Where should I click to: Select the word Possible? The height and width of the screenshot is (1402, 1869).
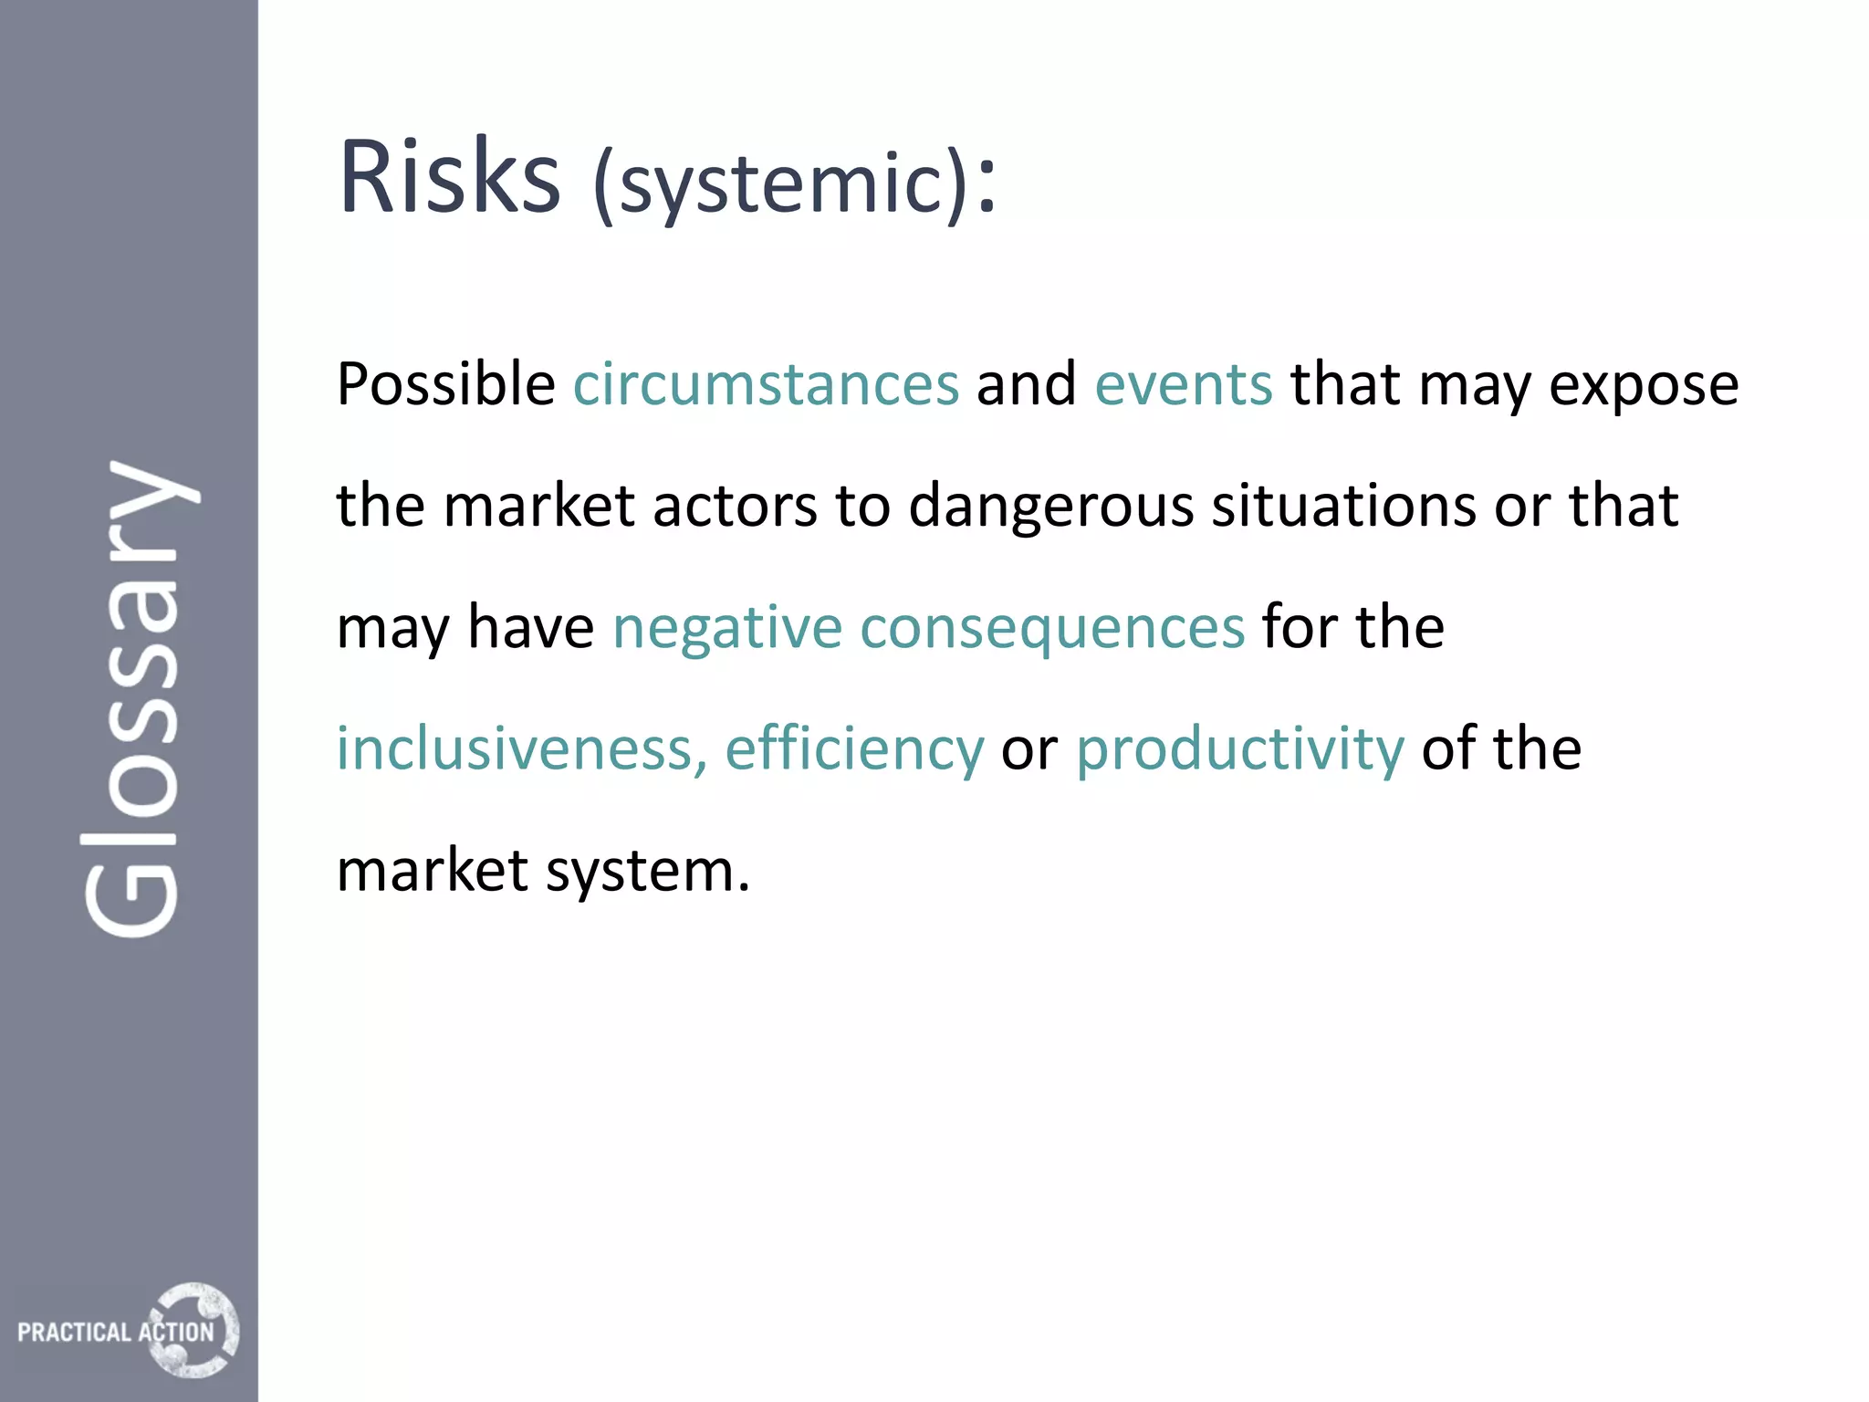(446, 384)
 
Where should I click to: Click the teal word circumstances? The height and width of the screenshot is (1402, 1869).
(766, 384)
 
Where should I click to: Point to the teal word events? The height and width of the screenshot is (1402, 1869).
(1183, 384)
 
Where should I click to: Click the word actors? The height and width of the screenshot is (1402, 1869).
(735, 507)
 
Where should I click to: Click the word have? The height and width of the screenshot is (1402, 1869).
(530, 628)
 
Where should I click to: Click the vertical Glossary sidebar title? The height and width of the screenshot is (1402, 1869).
(135, 698)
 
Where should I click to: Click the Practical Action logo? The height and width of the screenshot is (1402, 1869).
(128, 1331)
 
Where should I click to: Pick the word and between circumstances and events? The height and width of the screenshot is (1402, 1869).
(1026, 384)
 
